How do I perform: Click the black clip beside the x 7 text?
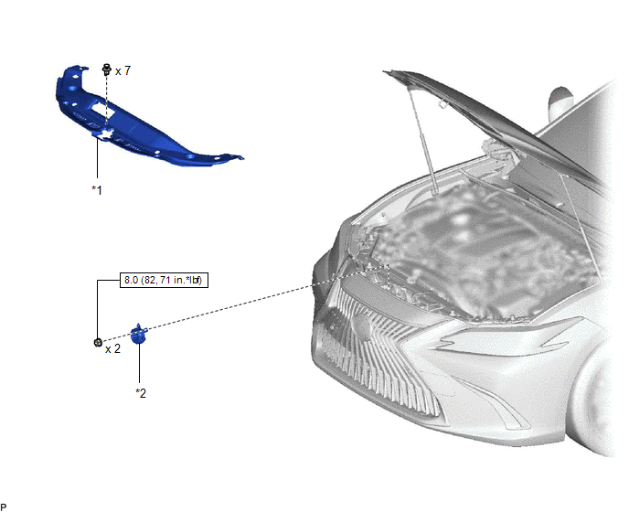point(107,69)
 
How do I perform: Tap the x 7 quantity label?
point(123,71)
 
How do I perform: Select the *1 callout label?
point(97,190)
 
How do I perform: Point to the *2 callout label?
point(141,393)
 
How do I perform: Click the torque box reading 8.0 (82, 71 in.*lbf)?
point(164,280)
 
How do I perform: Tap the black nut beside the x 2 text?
point(98,342)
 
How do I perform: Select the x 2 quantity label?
point(112,348)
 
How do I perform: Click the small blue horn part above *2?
point(139,334)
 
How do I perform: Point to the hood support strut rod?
point(421,141)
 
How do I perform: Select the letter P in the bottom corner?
point(4,507)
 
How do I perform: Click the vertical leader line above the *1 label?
point(97,158)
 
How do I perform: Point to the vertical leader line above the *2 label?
point(139,363)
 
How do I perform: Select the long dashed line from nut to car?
point(246,304)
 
